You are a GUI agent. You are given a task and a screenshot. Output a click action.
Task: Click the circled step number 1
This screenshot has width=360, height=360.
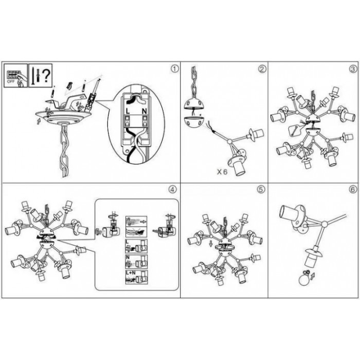175,68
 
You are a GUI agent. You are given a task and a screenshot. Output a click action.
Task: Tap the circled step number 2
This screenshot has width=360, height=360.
262,69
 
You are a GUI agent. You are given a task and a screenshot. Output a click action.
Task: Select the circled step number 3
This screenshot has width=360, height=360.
354,69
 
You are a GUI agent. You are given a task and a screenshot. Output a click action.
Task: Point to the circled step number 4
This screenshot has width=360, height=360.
173,190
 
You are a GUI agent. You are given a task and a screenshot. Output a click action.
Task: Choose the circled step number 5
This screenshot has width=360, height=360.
261,190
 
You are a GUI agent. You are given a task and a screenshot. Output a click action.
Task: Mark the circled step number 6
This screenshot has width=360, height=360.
353,190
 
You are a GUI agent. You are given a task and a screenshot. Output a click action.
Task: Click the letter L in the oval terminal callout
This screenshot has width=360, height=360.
128,112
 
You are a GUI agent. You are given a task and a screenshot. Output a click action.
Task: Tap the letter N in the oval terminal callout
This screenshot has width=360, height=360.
144,112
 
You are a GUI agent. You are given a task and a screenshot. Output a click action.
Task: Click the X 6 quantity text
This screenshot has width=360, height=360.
222,171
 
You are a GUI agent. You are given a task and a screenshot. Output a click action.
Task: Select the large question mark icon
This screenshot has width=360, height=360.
46,76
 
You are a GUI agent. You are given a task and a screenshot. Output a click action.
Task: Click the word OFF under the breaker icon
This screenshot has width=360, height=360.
11,81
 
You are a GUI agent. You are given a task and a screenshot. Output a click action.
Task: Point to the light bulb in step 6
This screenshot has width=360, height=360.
304,279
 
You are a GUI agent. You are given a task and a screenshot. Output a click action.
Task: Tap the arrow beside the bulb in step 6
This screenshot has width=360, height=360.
312,276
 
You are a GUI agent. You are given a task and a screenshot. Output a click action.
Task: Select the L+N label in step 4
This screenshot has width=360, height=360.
131,273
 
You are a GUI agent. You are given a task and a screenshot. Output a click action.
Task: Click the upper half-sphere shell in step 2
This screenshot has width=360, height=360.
194,104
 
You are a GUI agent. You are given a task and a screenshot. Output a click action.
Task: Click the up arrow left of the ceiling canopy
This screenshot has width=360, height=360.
39,121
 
